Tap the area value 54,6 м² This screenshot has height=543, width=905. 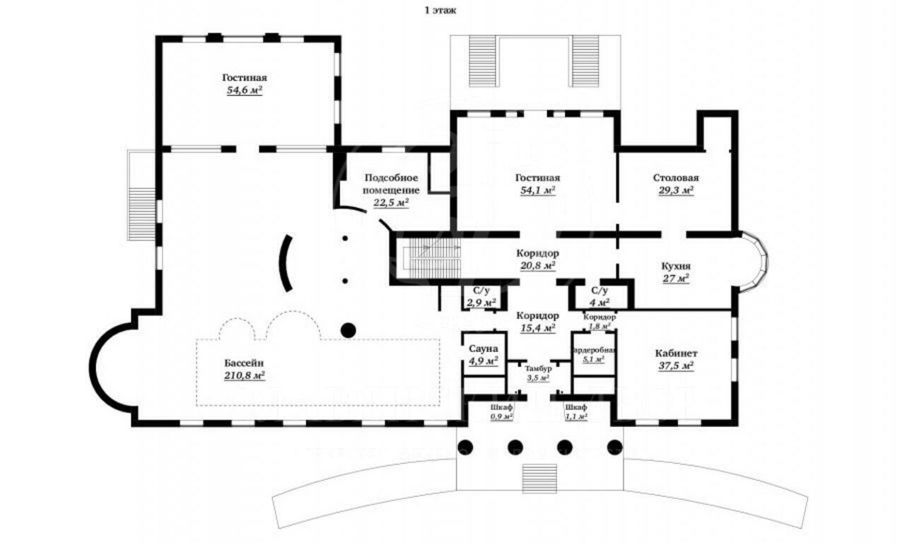tap(245, 90)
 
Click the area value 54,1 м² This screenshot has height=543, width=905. tap(537, 190)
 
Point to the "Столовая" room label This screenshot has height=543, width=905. tap(675, 177)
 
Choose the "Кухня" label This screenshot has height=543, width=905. tap(676, 266)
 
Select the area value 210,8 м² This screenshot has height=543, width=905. tap(244, 376)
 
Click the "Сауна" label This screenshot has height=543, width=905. tap(484, 349)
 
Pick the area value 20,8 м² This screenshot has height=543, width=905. tap(537, 265)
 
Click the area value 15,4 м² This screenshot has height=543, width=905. tap(537, 327)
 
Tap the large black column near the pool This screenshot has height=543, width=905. tap(347, 329)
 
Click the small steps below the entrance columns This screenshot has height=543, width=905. tap(539, 478)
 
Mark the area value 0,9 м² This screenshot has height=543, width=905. tap(501, 416)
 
